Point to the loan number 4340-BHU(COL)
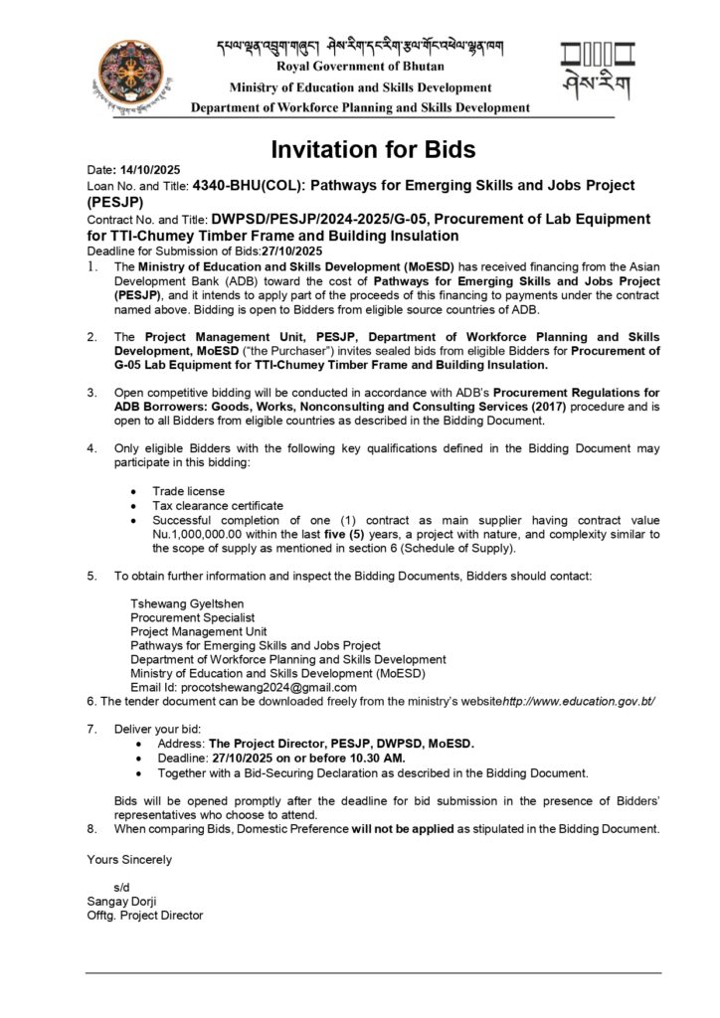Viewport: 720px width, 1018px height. tap(238, 185)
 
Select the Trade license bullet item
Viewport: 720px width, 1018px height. tap(188, 491)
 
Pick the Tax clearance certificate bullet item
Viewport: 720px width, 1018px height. tap(217, 506)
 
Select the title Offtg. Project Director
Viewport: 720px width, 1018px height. tap(145, 915)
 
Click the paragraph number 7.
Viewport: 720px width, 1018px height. tap(91, 729)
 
